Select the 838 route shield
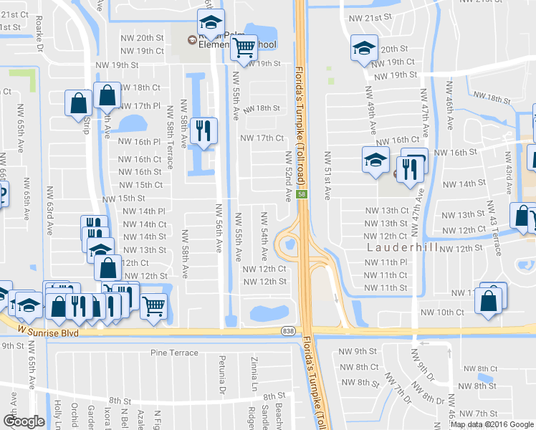[x=287, y=330]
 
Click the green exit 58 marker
[x=303, y=194]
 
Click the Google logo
[x=24, y=421]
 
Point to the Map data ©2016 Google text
[x=492, y=424]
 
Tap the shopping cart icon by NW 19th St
[x=244, y=47]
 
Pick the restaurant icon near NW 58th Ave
[x=205, y=130]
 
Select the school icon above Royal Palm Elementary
[x=210, y=22]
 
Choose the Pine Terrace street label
[x=173, y=353]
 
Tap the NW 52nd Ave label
[x=288, y=177]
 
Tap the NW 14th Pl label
[x=144, y=211]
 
